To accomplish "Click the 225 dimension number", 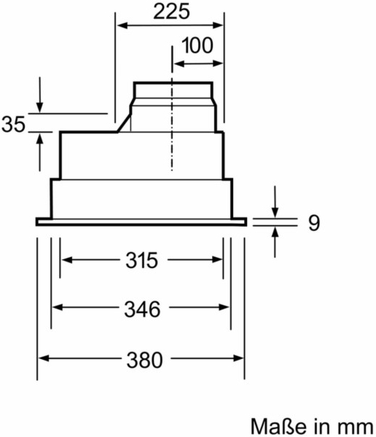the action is tap(171, 12).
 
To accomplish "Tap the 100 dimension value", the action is tap(197, 45).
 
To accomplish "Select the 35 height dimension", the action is tap(13, 125).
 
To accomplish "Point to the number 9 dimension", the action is tap(314, 223).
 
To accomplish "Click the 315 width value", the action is tap(141, 260).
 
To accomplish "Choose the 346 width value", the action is tap(142, 310).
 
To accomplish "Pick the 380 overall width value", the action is tap(144, 360).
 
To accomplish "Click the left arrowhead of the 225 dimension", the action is tap(122, 25).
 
